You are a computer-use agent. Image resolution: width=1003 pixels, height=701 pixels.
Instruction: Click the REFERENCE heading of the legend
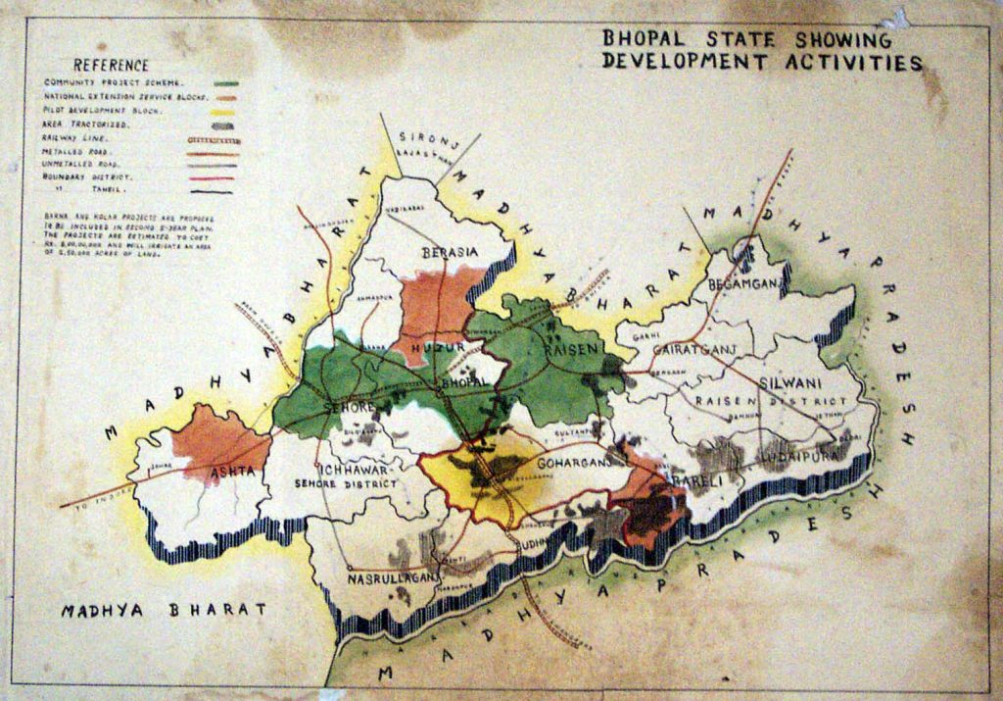(x=111, y=65)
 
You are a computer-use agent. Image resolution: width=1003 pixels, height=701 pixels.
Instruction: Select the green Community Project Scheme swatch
(x=228, y=83)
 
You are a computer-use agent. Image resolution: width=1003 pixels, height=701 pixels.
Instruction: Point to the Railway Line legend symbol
(x=215, y=139)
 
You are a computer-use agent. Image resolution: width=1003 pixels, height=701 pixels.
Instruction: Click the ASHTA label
(x=233, y=472)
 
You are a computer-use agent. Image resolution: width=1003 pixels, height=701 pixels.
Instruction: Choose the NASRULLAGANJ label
(x=394, y=579)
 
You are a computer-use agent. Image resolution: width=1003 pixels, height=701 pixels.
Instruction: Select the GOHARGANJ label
(x=572, y=461)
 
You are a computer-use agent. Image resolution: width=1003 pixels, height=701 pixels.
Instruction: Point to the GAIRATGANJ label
(x=701, y=349)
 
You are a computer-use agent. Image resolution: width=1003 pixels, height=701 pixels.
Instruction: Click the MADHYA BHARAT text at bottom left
(x=164, y=610)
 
